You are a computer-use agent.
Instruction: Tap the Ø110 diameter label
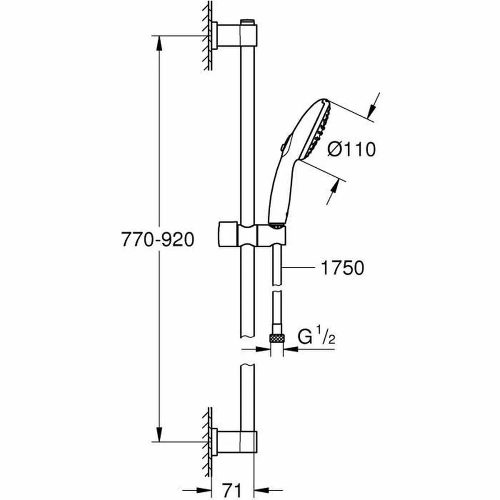pos(351,149)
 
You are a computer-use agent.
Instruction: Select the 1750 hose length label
pos(342,268)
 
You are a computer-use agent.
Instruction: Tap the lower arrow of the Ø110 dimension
pos(334,193)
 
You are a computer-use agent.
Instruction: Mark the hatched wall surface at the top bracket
pos(206,37)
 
